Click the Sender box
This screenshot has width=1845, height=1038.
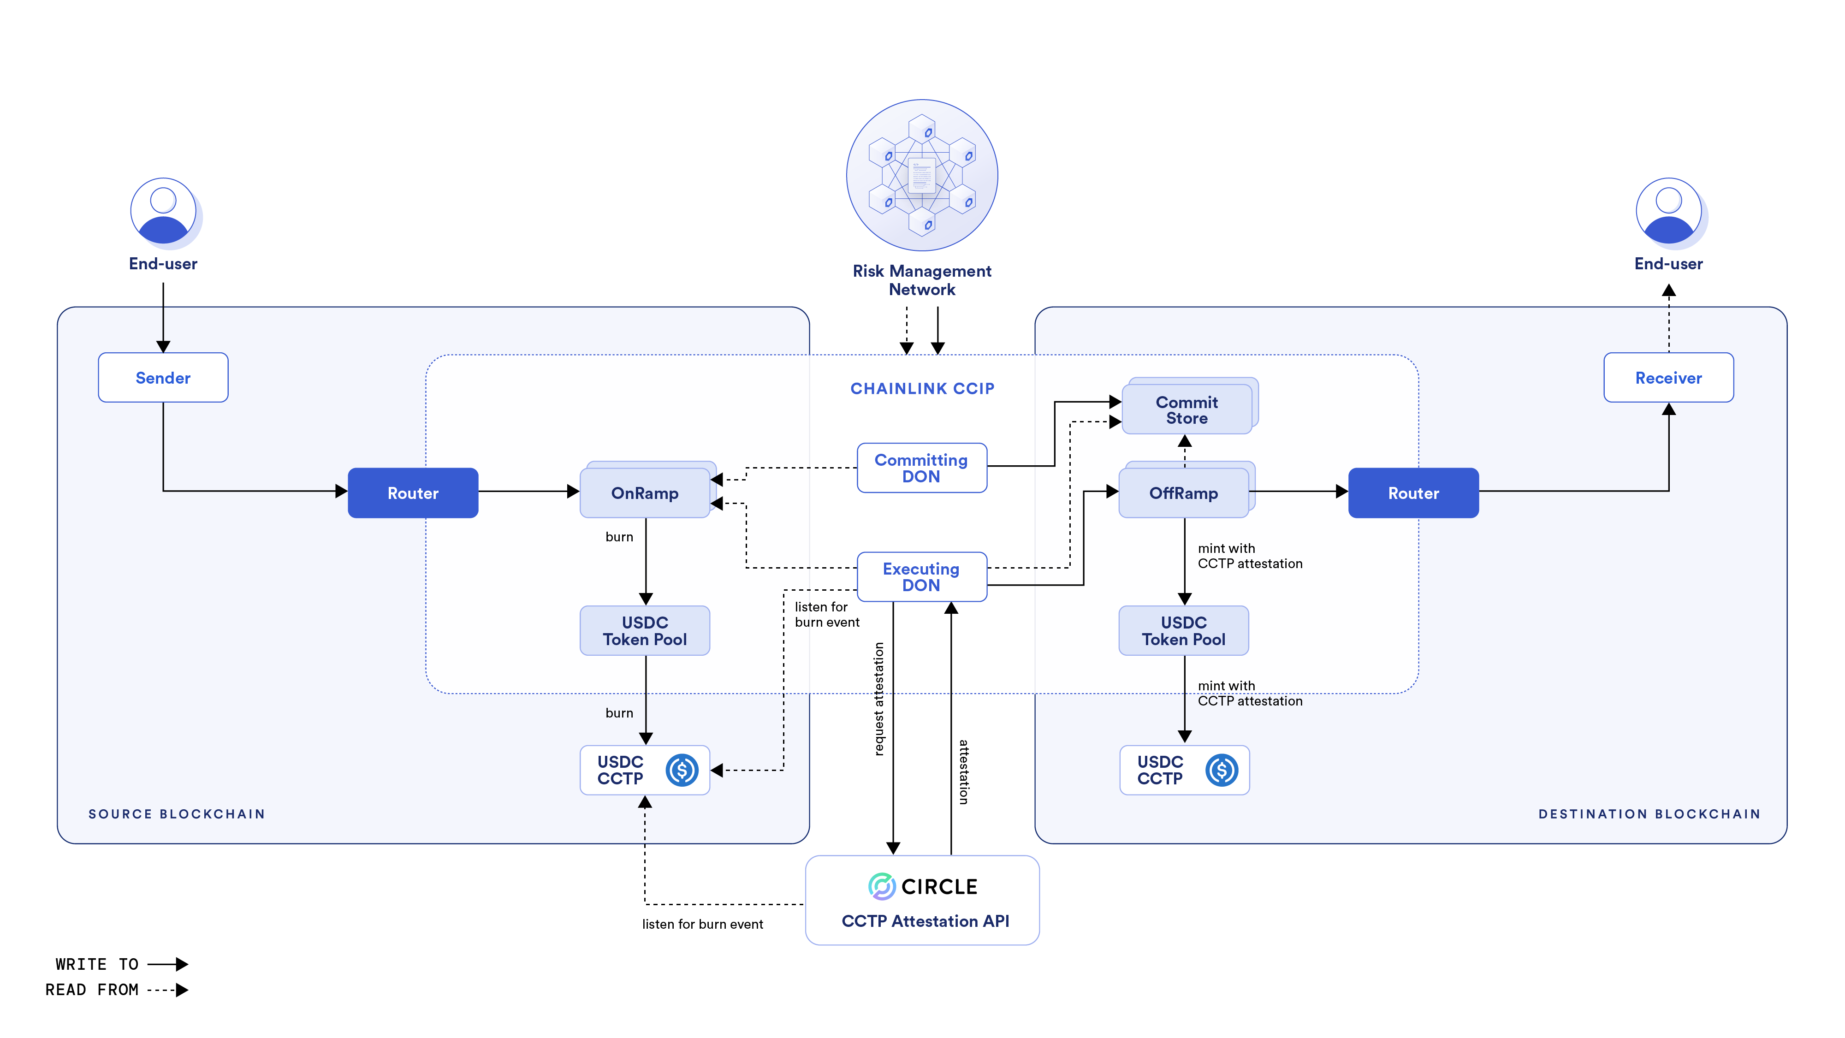pyautogui.click(x=163, y=378)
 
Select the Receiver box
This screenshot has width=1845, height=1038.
pyautogui.click(x=1668, y=378)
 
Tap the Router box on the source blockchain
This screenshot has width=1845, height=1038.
pyautogui.click(x=413, y=493)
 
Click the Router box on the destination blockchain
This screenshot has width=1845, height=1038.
pyautogui.click(x=1413, y=493)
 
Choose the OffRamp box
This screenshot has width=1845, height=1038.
pyautogui.click(x=1183, y=493)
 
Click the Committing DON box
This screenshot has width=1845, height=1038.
pyautogui.click(x=921, y=468)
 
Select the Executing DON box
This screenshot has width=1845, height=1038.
pyautogui.click(x=921, y=577)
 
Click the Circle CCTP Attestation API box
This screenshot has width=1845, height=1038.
pyautogui.click(x=922, y=901)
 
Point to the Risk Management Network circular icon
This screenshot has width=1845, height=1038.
pyautogui.click(x=922, y=176)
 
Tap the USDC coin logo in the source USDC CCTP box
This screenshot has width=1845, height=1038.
pyautogui.click(x=682, y=770)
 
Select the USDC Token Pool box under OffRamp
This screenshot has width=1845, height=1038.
pyautogui.click(x=1183, y=630)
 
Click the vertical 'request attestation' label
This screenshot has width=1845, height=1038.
pyautogui.click(x=879, y=699)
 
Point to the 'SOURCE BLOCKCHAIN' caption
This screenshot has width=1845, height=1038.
pyautogui.click(x=176, y=814)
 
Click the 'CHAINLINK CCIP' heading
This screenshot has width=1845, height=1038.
pyautogui.click(x=922, y=388)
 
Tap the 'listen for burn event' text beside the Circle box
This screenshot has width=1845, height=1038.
pyautogui.click(x=702, y=924)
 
